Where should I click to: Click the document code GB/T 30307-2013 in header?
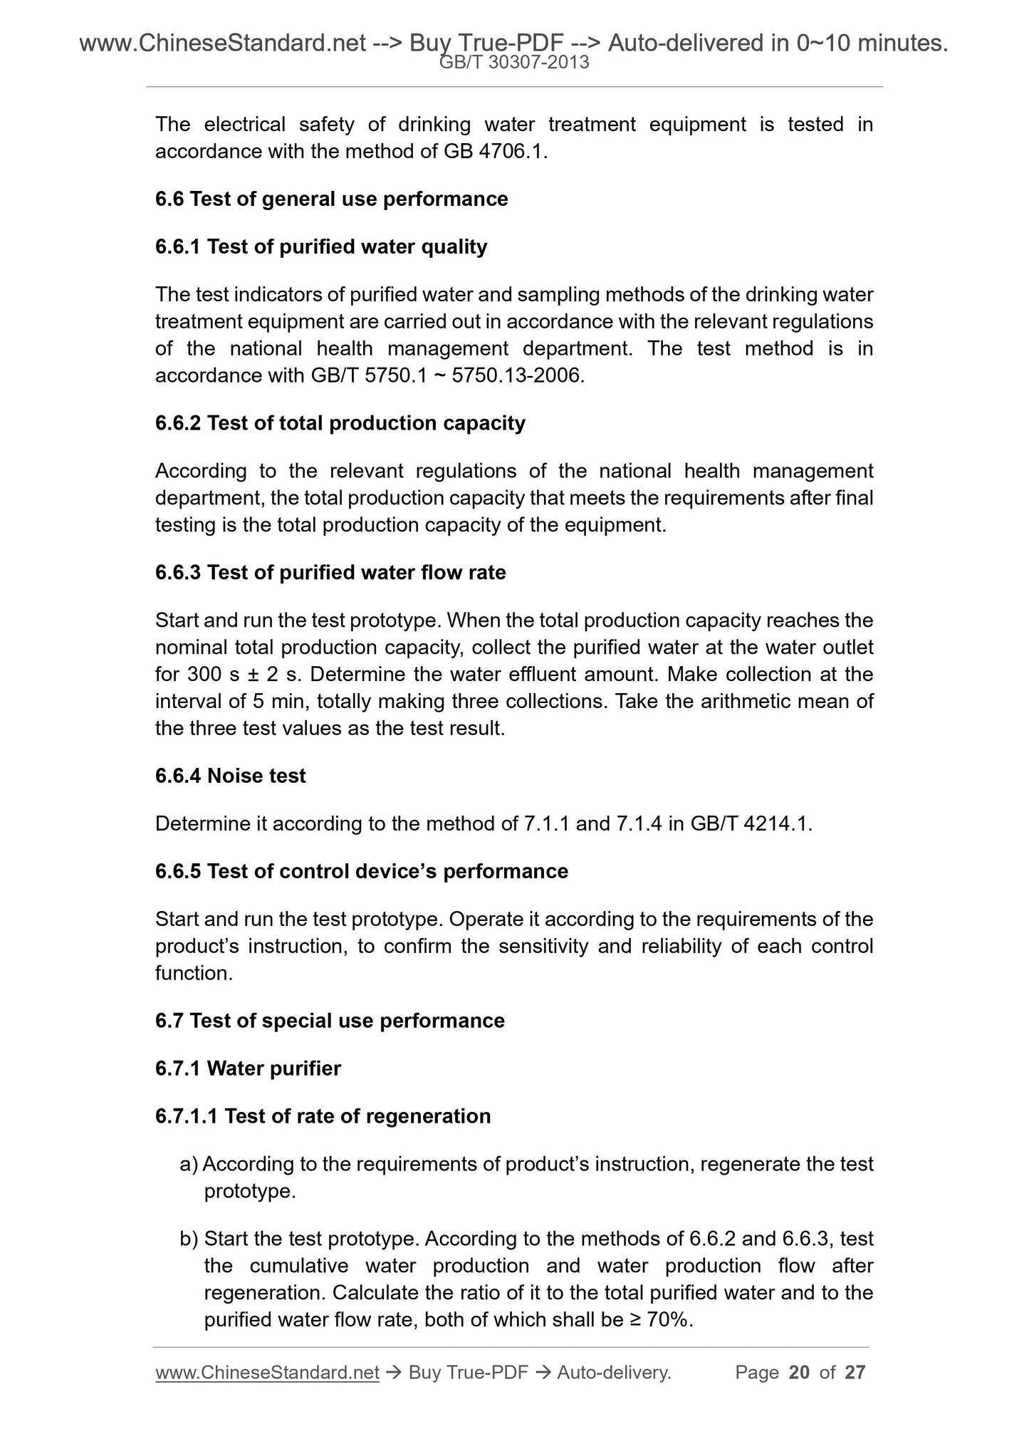[x=514, y=63]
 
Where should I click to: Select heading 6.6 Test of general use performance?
[x=331, y=199]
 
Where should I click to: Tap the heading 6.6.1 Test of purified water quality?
[x=321, y=246]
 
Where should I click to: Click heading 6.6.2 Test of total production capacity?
[x=340, y=423]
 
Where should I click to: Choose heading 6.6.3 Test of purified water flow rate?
[x=330, y=573]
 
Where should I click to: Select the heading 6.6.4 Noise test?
[x=230, y=776]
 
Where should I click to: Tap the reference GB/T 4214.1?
[x=751, y=824]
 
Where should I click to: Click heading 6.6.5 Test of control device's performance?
[x=361, y=871]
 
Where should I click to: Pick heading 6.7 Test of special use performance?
[x=330, y=1021]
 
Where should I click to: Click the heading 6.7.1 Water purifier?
[x=248, y=1068]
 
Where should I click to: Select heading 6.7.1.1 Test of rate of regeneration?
[x=323, y=1116]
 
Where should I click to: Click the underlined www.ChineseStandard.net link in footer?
[x=267, y=1373]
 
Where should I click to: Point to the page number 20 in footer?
[x=799, y=1373]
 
